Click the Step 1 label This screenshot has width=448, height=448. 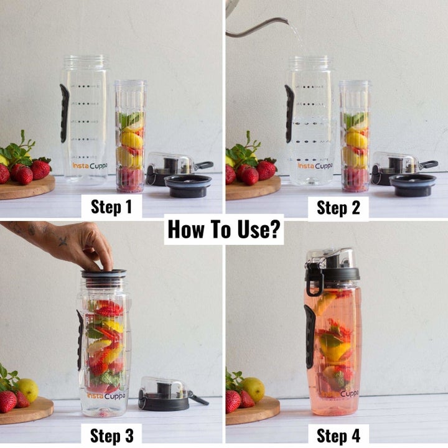[x=111, y=207]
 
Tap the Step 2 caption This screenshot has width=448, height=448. [x=338, y=207]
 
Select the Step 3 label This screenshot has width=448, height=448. [x=111, y=434]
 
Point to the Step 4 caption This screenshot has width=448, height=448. [x=338, y=434]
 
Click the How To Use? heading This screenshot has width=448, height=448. [x=225, y=231]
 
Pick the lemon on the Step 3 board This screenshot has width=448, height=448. [x=27, y=390]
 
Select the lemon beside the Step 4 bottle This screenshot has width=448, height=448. [x=253, y=389]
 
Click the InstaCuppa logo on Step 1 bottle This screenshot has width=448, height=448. [x=89, y=166]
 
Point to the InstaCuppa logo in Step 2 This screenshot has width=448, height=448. [x=315, y=166]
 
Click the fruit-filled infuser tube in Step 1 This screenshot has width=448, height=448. [x=131, y=137]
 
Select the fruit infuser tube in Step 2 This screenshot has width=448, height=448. [x=355, y=137]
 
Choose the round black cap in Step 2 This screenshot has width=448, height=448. [x=412, y=185]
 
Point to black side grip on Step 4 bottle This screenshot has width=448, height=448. [x=310, y=336]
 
